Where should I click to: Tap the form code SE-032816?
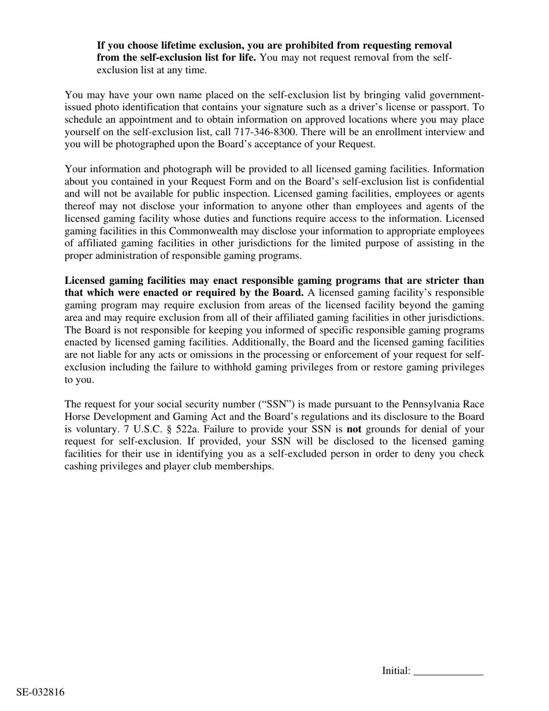point(40,692)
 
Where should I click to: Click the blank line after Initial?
point(448,672)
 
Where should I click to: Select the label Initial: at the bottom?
point(396,671)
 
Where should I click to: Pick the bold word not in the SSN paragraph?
point(354,429)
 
